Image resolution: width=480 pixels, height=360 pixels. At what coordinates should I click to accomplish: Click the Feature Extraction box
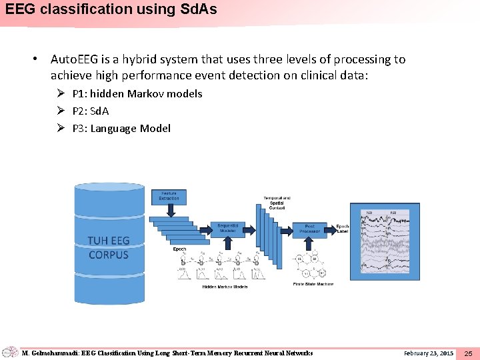(x=169, y=196)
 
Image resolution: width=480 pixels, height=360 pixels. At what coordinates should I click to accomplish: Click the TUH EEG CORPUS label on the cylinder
(x=109, y=247)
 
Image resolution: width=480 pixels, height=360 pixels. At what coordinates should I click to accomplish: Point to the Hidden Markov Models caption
(x=225, y=287)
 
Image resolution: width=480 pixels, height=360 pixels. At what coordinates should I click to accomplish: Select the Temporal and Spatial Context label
(x=276, y=203)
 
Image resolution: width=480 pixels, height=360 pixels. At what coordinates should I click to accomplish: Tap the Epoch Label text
(x=343, y=229)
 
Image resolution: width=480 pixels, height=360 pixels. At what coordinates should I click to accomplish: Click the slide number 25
(x=468, y=353)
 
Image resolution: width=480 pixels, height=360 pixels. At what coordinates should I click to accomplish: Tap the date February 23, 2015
(x=429, y=353)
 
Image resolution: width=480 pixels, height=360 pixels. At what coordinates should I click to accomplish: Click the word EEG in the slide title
(x=19, y=10)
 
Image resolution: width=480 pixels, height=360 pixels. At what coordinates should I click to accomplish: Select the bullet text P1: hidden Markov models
(x=137, y=93)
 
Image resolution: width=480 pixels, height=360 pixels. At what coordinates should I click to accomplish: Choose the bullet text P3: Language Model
(x=121, y=128)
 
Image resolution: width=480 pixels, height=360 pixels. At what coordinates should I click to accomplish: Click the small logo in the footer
(x=10, y=352)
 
